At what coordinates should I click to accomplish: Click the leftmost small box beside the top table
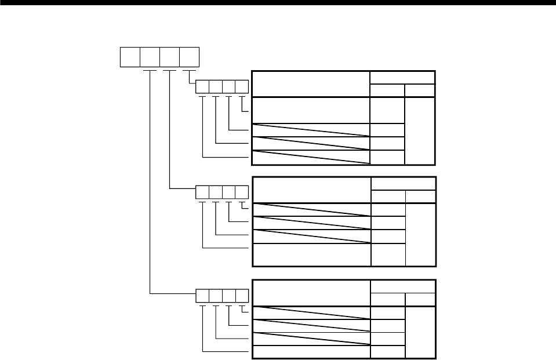pyautogui.click(x=202, y=87)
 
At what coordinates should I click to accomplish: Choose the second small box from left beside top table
pyautogui.click(x=216, y=87)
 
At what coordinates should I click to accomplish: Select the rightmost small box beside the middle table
pyautogui.click(x=242, y=192)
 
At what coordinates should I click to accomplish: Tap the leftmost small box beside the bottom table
pyautogui.click(x=202, y=296)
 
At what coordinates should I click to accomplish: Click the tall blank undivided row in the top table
pyautogui.click(x=311, y=110)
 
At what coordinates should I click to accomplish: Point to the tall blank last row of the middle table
pyautogui.click(x=311, y=254)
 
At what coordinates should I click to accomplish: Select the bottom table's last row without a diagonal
pyautogui.click(x=311, y=351)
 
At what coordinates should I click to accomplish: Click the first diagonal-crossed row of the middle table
pyautogui.click(x=311, y=209)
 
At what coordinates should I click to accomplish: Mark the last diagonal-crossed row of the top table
pyautogui.click(x=311, y=157)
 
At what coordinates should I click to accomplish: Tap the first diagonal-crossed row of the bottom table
pyautogui.click(x=311, y=312)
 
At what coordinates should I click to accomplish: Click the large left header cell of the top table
pyautogui.click(x=311, y=84)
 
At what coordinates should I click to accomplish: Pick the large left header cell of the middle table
pyautogui.click(x=311, y=190)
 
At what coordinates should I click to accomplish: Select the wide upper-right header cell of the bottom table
pyautogui.click(x=402, y=286)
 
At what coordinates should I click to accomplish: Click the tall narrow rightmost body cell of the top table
pyautogui.click(x=420, y=130)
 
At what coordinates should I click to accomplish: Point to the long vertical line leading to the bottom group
pyautogui.click(x=150, y=186)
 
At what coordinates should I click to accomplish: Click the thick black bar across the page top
pyautogui.click(x=278, y=3)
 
